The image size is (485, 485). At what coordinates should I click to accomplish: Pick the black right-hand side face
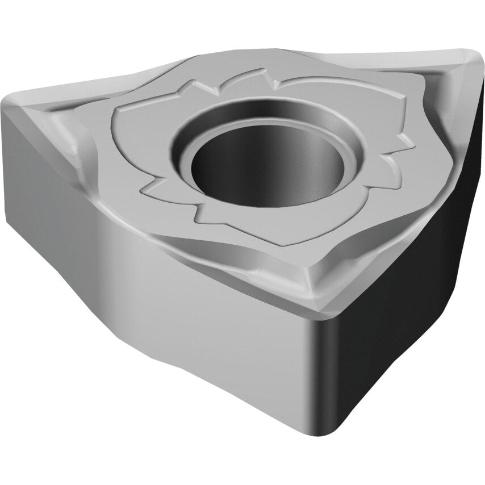pos(409,284)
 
